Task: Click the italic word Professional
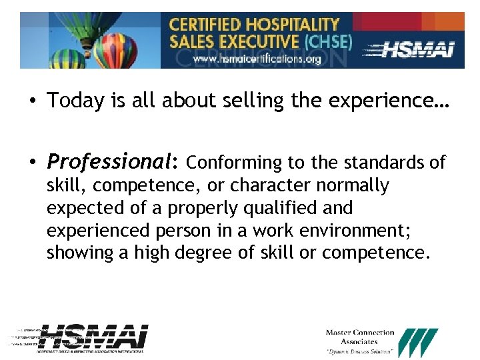(109, 162)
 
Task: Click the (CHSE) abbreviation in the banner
(327, 41)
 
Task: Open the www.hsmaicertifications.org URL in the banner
(257, 59)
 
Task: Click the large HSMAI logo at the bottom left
(93, 337)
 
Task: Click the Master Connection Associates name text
(360, 337)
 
